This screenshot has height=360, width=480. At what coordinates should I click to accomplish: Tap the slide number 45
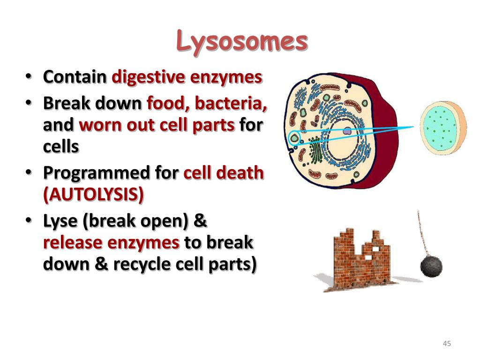(x=446, y=344)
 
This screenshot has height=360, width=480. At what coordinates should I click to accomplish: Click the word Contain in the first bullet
(x=75, y=77)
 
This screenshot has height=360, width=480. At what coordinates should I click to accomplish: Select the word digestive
(x=149, y=77)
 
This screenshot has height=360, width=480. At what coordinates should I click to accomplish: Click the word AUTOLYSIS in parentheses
(x=93, y=195)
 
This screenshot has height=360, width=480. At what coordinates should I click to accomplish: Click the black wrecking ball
(x=431, y=266)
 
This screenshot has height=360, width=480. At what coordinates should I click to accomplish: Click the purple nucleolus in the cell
(x=346, y=132)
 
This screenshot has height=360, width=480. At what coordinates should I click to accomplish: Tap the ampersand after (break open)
(x=200, y=220)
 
